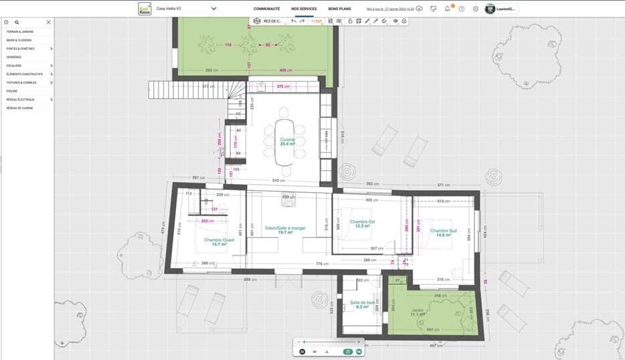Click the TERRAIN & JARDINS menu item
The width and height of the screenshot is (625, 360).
[x=19, y=31]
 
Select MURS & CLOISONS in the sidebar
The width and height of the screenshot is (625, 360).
[x=19, y=40]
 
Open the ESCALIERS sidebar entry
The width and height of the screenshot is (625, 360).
[x=14, y=66]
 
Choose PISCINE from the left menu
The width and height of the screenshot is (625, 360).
[x=12, y=91]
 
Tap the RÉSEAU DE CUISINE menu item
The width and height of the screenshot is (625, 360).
[x=19, y=108]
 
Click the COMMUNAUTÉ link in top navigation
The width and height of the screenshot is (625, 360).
[x=266, y=9]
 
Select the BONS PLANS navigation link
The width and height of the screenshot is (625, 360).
[x=339, y=9]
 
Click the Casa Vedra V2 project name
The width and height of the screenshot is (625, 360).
[x=169, y=9]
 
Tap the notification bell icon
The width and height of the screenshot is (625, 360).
[x=447, y=9]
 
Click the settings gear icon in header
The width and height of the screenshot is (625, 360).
[x=475, y=9]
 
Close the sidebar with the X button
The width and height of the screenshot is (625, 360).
[x=48, y=22]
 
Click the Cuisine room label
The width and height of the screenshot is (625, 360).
[x=288, y=140]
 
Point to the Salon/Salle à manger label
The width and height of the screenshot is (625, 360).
[x=284, y=228]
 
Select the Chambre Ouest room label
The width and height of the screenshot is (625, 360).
[x=219, y=240]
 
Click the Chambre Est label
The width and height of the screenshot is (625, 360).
[x=362, y=221]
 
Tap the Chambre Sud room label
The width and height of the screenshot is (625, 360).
[x=443, y=231]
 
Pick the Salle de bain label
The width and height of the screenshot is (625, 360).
[x=362, y=302]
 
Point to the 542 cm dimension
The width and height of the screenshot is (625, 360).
[x=279, y=181]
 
